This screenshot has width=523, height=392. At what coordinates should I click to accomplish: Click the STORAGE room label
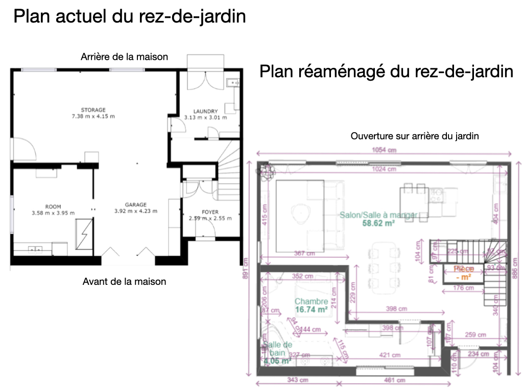[93, 110]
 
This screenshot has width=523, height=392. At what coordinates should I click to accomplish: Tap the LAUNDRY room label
[206, 111]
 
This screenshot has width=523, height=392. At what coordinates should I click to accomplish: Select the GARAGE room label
[136, 204]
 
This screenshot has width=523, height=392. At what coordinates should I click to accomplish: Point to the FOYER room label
[210, 211]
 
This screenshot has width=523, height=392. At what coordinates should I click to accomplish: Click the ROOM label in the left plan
[53, 206]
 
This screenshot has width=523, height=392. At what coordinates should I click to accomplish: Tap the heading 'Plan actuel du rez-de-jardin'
[130, 17]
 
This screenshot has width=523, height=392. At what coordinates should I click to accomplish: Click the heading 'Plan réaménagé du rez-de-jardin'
[386, 71]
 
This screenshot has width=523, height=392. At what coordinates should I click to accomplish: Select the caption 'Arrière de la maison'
[124, 57]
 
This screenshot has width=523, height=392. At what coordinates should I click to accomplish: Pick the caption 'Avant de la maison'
[124, 281]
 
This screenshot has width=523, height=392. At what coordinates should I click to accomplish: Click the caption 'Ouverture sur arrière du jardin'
[415, 136]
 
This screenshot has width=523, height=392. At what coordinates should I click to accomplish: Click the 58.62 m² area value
[378, 223]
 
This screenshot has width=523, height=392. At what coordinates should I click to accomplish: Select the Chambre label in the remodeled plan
[311, 301]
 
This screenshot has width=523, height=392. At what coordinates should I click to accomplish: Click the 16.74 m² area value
[311, 309]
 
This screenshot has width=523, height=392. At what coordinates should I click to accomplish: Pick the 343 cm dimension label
[292, 380]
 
